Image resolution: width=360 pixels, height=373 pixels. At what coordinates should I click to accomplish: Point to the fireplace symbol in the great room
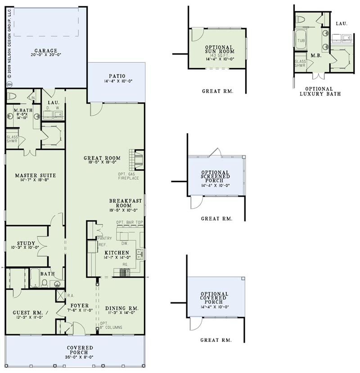pyautogui.click(x=136, y=160)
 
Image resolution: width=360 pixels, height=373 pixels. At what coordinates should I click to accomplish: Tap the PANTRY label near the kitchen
pyautogui.click(x=104, y=238)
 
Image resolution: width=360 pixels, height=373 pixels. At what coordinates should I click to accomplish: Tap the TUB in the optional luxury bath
pyautogui.click(x=301, y=41)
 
